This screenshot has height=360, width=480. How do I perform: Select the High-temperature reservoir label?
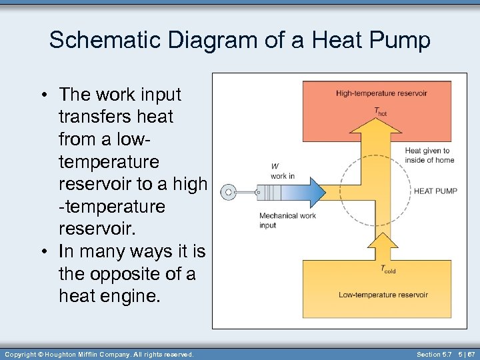coord(382,93)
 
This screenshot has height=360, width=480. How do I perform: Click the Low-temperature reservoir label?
coord(383,294)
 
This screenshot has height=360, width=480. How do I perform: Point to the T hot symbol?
coord(379,111)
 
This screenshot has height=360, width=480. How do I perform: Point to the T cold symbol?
coord(387,270)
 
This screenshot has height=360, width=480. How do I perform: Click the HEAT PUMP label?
coord(435,191)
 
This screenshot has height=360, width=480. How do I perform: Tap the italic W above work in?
coord(275,167)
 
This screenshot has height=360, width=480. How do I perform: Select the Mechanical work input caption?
coord(287,220)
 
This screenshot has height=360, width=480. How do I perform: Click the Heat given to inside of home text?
coord(429,155)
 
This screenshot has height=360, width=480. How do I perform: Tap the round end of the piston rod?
coord(228,192)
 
